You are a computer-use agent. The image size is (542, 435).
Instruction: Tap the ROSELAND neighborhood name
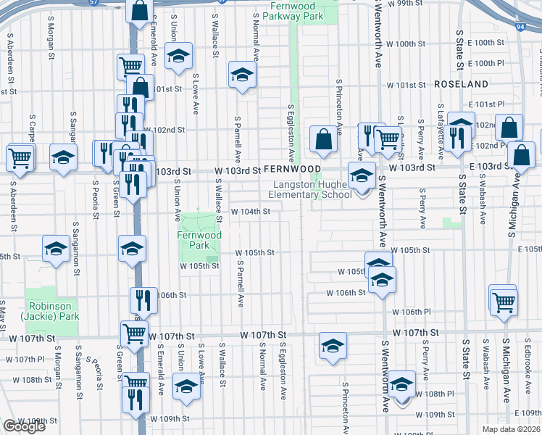coord(462,84)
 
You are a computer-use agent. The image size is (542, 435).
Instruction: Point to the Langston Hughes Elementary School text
coord(310,190)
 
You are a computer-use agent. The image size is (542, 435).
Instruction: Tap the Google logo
coord(24,426)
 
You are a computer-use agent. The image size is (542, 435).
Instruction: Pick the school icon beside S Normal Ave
coord(243,75)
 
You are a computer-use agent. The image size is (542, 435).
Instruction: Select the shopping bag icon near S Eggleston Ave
coord(322,140)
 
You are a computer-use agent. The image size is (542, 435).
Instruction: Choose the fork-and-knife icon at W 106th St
coord(144,299)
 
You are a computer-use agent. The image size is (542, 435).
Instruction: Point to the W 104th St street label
coord(251,212)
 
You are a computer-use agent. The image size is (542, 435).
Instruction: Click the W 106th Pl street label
coord(412,311)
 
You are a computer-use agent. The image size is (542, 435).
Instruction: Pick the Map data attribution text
coord(512,429)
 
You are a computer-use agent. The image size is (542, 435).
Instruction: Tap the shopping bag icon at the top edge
coord(139,10)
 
